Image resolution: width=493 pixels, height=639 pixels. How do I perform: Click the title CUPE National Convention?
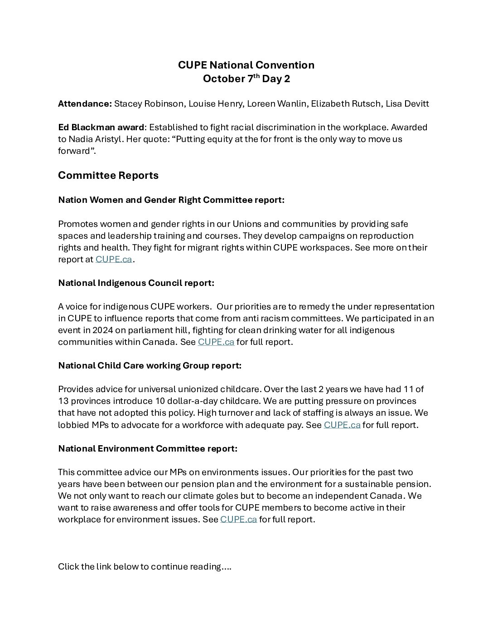[x=246, y=65]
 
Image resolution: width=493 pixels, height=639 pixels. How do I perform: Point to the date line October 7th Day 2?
[x=246, y=79]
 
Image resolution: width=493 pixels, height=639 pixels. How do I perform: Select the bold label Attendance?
[x=85, y=103]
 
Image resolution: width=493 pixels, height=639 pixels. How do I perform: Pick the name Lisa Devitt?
[x=407, y=103]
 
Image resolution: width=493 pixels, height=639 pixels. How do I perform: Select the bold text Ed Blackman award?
[x=101, y=127]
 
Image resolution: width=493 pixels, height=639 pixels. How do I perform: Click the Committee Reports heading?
[x=108, y=176]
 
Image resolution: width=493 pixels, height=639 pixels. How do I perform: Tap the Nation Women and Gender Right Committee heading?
[x=171, y=200]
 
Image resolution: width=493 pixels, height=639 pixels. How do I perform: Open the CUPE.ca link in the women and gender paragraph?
[x=114, y=259]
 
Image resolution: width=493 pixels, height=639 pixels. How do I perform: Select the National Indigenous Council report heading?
[x=136, y=283]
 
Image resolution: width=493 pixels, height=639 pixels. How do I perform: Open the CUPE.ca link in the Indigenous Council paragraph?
[x=216, y=342]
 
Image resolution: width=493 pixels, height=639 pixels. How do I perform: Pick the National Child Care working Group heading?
[x=150, y=365]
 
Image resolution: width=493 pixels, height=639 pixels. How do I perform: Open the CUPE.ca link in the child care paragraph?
[x=342, y=425]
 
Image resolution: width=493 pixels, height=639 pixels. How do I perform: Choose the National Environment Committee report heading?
[x=148, y=448]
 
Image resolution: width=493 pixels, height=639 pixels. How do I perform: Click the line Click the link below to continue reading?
[x=145, y=566]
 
